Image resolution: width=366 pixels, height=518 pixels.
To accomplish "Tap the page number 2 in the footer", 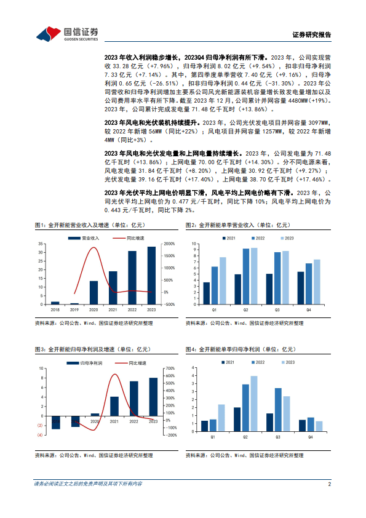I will point(330,485).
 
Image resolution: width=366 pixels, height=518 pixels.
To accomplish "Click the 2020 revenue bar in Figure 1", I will point(93,293).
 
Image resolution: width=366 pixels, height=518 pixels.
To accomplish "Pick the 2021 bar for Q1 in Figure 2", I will point(206,293).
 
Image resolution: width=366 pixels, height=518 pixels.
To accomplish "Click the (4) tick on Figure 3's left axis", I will point(40,435).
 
